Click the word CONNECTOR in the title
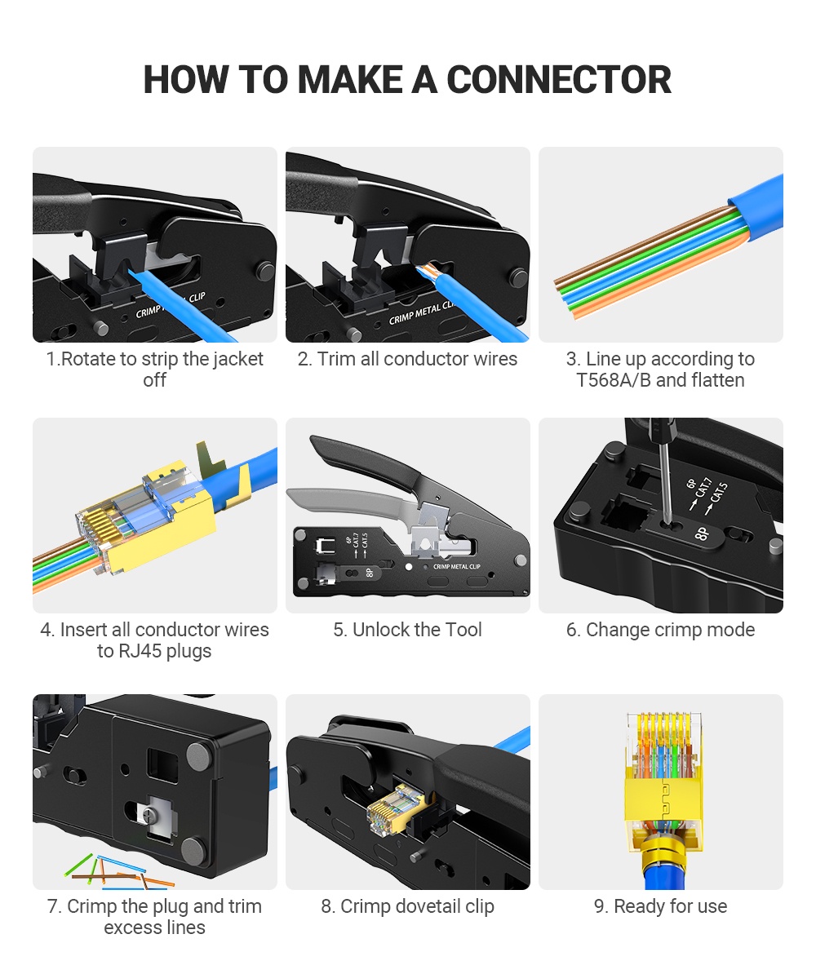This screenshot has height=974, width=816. tap(559, 80)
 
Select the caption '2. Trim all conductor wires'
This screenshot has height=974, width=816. tap(407, 359)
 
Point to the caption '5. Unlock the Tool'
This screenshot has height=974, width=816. tap(407, 630)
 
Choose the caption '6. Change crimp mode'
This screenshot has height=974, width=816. tap(660, 630)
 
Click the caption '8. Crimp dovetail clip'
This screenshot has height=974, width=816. tap(407, 906)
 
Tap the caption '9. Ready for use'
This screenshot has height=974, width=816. tap(660, 906)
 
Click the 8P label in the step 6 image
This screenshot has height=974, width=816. tap(701, 533)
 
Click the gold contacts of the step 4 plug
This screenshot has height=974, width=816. tap(96, 529)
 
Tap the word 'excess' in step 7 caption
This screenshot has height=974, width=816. tap(131, 928)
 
